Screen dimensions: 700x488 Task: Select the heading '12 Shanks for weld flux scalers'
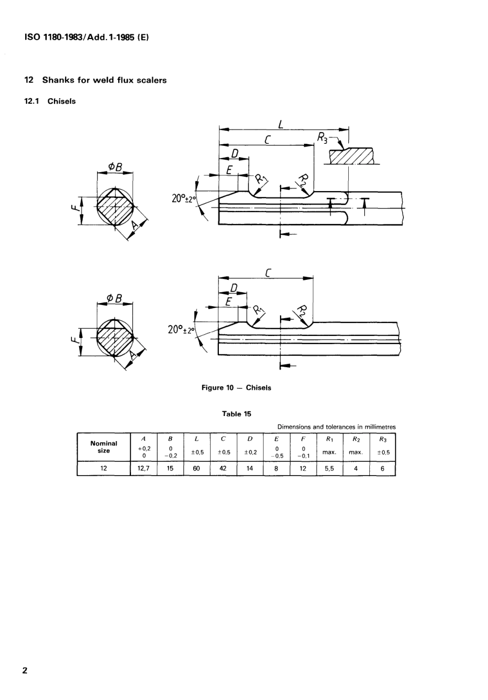tap(96, 80)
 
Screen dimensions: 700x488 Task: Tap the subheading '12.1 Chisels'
tap(50, 101)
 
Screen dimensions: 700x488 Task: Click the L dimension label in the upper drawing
tap(281, 123)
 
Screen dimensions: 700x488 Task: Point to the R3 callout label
tap(322, 137)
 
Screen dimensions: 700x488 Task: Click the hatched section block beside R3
tap(351, 156)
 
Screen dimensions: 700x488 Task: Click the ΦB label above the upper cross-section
tap(115, 166)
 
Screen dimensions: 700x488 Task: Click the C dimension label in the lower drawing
tap(268, 272)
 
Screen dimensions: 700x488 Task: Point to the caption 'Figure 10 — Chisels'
tap(236, 388)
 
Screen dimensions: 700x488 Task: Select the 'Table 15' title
tap(236, 414)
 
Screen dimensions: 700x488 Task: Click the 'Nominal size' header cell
tap(104, 447)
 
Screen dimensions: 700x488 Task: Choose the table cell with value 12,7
tap(143, 468)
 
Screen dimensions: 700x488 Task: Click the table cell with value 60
tap(196, 468)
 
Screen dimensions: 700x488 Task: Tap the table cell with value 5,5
tap(329, 468)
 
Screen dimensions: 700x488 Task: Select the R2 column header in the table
tap(355, 439)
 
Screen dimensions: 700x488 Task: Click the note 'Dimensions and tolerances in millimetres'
tap(336, 427)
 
